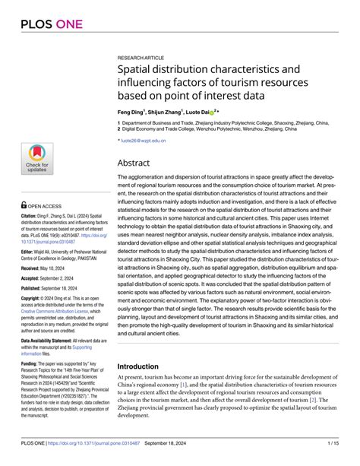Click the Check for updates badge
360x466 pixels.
(36, 158)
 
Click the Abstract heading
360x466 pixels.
(135, 163)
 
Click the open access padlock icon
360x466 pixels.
(24, 204)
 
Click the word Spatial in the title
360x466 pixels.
(136, 71)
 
